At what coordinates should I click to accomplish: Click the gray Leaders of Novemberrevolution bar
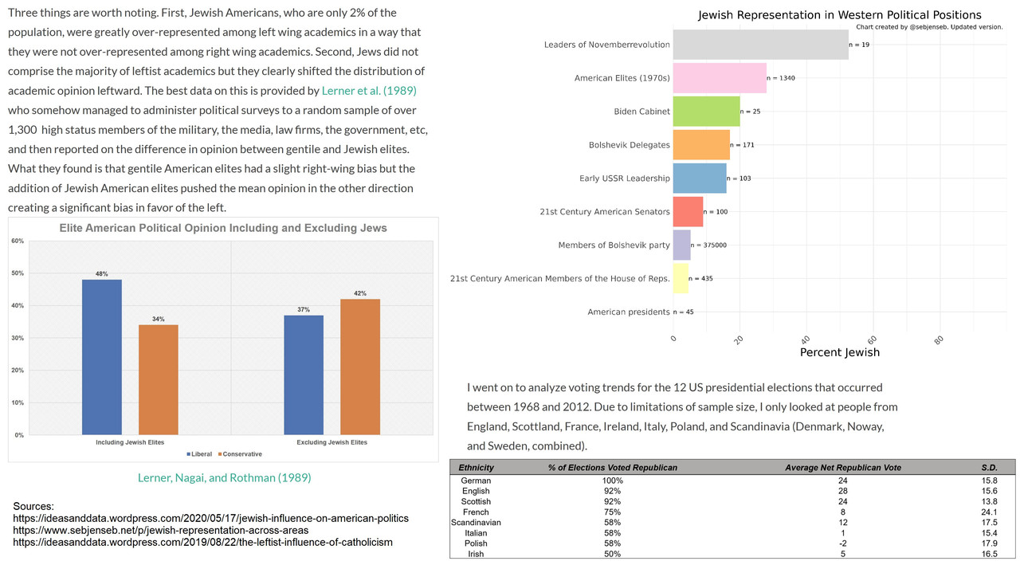pyautogui.click(x=760, y=45)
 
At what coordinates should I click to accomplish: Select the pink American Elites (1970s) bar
pyautogui.click(x=720, y=78)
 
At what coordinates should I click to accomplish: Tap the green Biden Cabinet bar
pyautogui.click(x=706, y=112)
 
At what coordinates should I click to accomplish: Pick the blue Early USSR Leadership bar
pyautogui.click(x=700, y=179)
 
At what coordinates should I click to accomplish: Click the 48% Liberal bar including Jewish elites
pyautogui.click(x=102, y=357)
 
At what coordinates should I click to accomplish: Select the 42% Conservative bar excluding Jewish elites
pyautogui.click(x=359, y=367)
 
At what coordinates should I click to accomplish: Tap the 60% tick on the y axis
pyautogui.click(x=17, y=241)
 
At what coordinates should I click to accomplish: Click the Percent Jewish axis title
pyautogui.click(x=839, y=352)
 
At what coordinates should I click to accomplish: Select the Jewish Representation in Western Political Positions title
pyautogui.click(x=839, y=15)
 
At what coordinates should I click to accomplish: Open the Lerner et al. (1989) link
pyautogui.click(x=368, y=90)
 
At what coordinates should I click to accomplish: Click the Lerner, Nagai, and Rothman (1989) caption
pyautogui.click(x=224, y=478)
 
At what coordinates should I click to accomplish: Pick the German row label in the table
pyautogui.click(x=477, y=481)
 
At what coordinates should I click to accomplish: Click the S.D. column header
pyautogui.click(x=989, y=468)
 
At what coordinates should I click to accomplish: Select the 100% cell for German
pyautogui.click(x=612, y=481)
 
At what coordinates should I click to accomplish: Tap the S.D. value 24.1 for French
pyautogui.click(x=989, y=512)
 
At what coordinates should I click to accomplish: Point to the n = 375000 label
pyautogui.click(x=708, y=245)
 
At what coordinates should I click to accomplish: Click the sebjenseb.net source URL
pyautogui.click(x=161, y=530)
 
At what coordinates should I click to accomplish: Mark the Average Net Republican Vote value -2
pyautogui.click(x=843, y=543)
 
